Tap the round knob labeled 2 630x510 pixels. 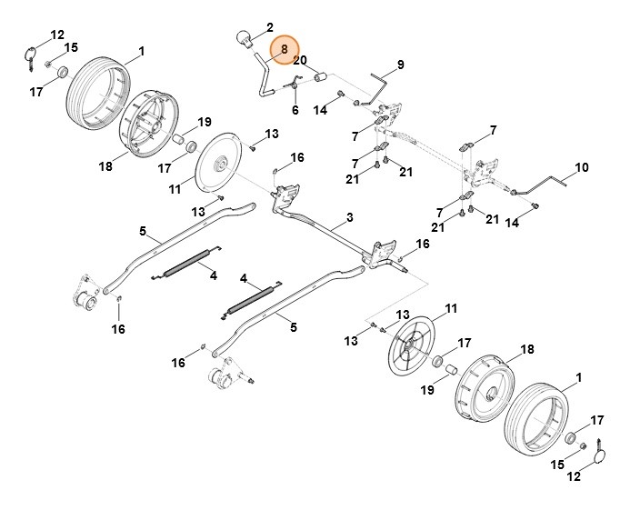244,38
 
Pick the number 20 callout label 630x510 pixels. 300,60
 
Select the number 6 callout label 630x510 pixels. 295,110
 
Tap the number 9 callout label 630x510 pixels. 398,65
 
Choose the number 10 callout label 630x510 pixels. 582,168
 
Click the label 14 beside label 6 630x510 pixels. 320,110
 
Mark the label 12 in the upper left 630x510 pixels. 57,35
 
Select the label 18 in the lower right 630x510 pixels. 525,349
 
